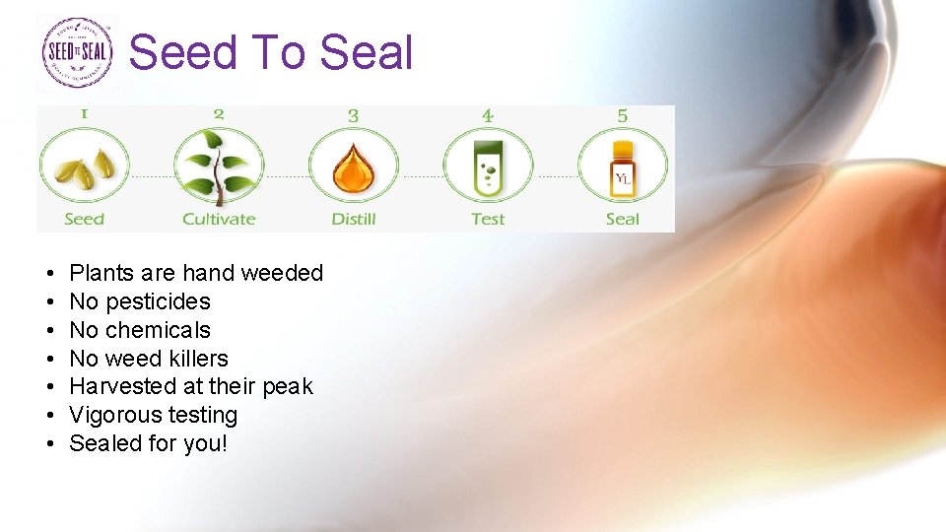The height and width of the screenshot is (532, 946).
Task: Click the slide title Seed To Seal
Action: point(271,52)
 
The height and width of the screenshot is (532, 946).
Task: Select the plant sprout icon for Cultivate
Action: point(219,166)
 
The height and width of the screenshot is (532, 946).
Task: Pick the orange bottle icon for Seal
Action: point(622,167)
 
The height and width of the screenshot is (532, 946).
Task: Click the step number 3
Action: point(353,115)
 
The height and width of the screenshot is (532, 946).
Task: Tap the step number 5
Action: point(622,115)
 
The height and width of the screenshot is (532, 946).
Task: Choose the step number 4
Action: point(488,115)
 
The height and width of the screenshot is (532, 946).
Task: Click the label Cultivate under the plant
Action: point(219,219)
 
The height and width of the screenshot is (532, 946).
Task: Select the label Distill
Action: point(353,219)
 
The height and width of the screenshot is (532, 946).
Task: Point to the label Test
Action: point(488,219)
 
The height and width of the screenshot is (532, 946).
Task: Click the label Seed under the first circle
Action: point(84,219)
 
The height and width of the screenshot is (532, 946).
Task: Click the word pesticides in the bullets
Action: point(158,301)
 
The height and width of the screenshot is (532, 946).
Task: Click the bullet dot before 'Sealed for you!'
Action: point(48,444)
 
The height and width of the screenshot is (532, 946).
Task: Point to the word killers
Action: point(195,359)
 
